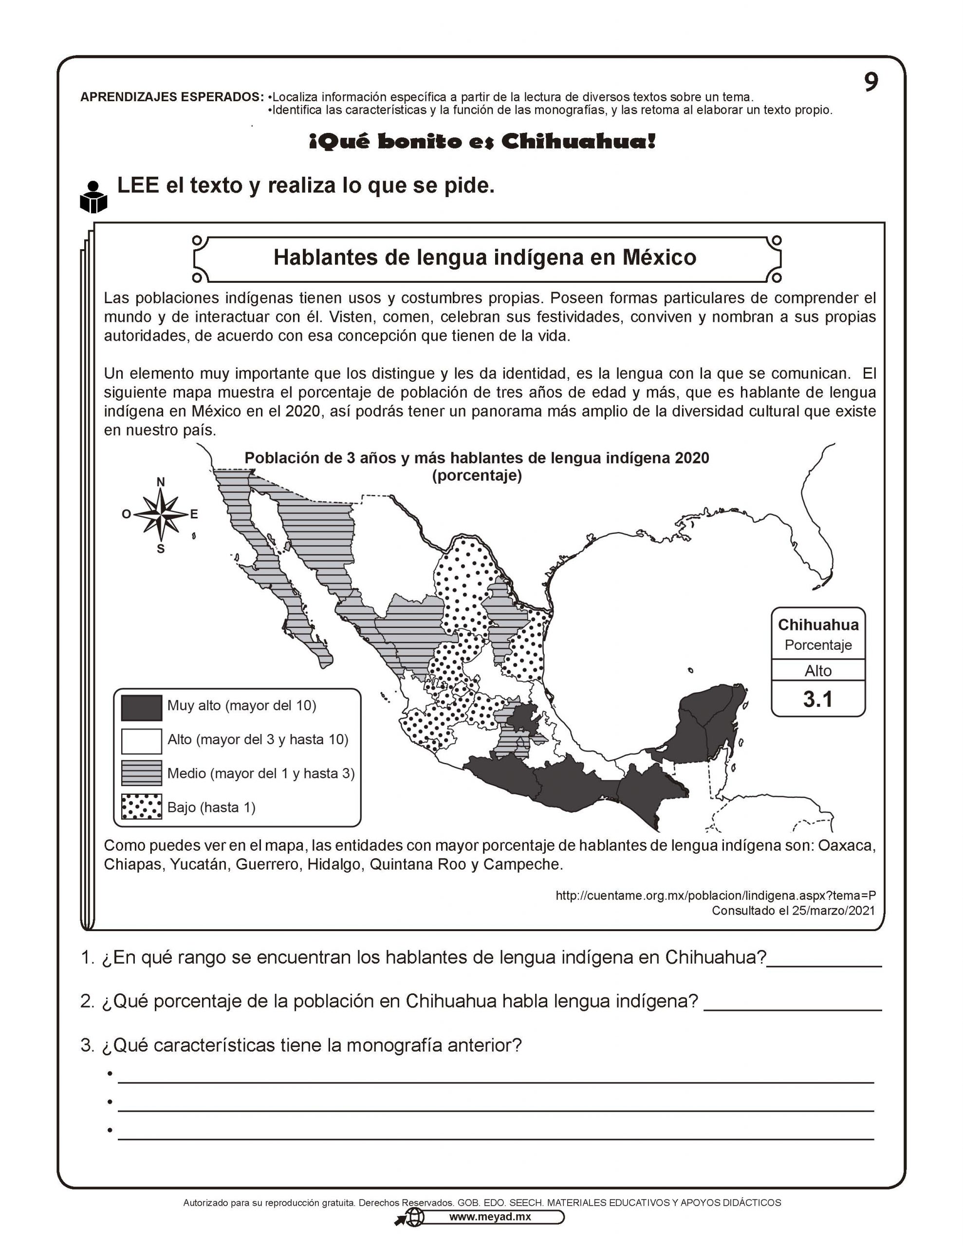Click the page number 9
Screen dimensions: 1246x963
pos(870,83)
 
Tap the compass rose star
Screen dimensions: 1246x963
pos(161,514)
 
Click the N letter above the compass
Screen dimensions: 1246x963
pos(161,482)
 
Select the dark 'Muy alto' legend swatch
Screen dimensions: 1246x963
pos(142,707)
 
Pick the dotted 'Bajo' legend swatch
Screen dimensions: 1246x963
pos(142,806)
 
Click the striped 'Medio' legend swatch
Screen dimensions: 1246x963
pos(142,773)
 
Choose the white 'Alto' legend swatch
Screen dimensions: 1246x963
pos(142,740)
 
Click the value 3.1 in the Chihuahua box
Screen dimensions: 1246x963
pos(817,699)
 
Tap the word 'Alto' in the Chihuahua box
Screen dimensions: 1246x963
pos(817,671)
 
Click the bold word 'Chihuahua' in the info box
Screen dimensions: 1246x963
pos(817,625)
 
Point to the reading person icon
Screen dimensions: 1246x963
pos(93,198)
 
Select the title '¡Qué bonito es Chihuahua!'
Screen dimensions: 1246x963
pos(482,142)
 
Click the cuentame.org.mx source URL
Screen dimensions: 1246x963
pos(715,896)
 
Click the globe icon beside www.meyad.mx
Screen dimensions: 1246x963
pos(415,1217)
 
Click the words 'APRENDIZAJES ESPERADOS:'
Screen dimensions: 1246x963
pos(172,97)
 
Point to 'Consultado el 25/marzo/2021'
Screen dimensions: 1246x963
pos(793,911)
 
